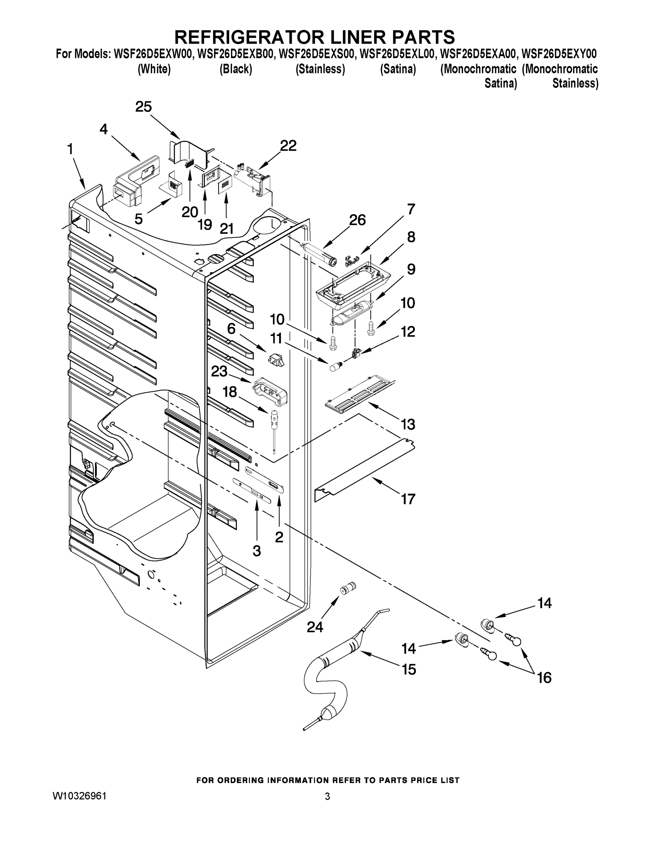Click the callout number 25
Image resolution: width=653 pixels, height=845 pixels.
coord(144,107)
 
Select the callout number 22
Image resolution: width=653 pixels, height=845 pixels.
coord(288,146)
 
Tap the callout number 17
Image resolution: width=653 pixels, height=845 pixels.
coord(408,499)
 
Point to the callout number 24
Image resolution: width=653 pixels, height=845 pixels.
coord(315,626)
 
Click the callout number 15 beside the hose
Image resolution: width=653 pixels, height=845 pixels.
coord(409,669)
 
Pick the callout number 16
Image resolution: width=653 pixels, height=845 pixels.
coord(544,677)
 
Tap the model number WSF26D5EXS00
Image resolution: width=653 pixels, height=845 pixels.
coord(316,54)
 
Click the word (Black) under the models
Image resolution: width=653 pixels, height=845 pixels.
coord(236,69)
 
